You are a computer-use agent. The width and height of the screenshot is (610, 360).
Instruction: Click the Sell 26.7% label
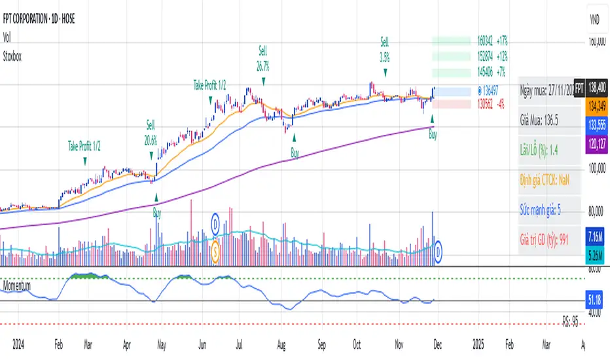(263, 56)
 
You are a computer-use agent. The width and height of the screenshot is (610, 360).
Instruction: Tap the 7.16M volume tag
(596, 236)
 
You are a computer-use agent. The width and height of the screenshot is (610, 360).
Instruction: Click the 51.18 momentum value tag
(596, 299)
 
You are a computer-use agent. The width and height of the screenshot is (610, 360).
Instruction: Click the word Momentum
(20, 286)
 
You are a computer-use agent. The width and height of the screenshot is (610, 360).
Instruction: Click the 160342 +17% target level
(492, 39)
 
